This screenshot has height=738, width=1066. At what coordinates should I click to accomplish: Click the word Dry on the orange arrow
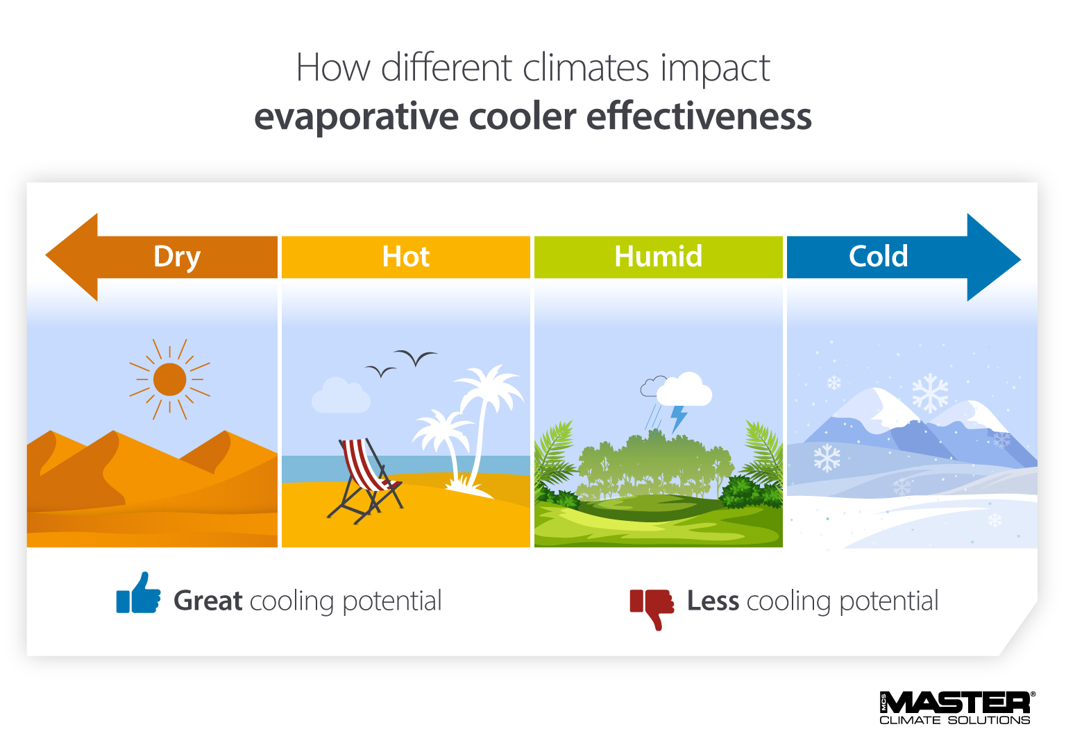tap(177, 257)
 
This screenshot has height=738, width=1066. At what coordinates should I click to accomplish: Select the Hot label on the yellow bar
tap(406, 257)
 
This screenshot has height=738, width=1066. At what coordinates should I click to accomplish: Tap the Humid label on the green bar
tap(658, 257)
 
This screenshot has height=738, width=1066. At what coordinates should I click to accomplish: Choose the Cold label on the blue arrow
tap(878, 257)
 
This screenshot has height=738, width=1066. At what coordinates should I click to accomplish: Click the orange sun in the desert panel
tap(169, 379)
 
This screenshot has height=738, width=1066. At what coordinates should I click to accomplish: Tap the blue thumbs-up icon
tap(138, 594)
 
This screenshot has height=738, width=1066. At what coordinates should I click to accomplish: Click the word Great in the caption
tap(208, 601)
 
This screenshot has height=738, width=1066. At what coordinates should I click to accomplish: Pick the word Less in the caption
tap(713, 601)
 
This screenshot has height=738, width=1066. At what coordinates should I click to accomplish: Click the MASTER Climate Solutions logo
tap(956, 707)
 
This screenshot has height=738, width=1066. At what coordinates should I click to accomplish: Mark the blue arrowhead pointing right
tap(992, 258)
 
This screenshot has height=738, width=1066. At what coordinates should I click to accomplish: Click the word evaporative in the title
tap(356, 117)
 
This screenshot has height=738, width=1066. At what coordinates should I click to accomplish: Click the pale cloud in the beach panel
tap(340, 397)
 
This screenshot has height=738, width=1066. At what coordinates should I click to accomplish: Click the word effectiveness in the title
tap(699, 117)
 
